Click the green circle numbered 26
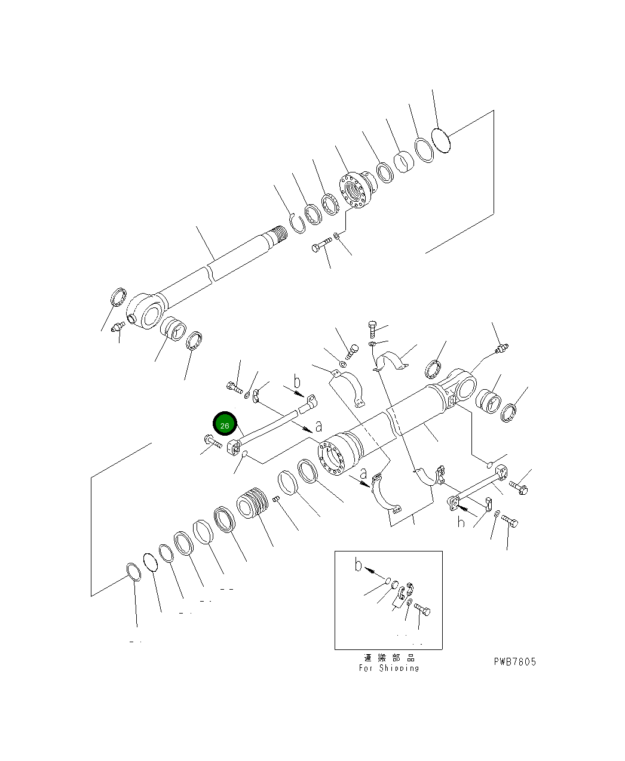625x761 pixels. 225,425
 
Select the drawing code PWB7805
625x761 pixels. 514,661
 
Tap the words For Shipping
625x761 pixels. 389,668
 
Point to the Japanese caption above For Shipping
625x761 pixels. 389,658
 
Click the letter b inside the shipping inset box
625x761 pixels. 358,564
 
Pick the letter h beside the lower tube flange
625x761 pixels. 461,522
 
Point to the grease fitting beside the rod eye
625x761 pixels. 117,326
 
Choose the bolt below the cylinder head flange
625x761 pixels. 321,245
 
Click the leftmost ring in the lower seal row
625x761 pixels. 133,572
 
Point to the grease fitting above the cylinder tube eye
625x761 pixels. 501,347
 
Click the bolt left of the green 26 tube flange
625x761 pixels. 212,442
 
